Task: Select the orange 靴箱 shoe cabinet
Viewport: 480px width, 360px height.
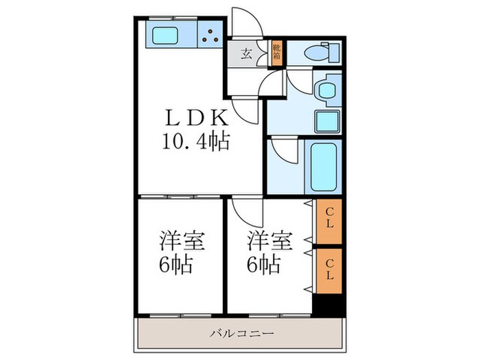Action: (276, 53)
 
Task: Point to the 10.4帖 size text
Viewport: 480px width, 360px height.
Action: (195, 142)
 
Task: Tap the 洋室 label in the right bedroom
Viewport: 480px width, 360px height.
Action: (269, 241)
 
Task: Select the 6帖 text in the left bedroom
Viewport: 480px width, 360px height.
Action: (176, 265)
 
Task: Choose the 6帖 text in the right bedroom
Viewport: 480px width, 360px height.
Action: (264, 265)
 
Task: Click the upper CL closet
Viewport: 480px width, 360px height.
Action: (329, 221)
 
